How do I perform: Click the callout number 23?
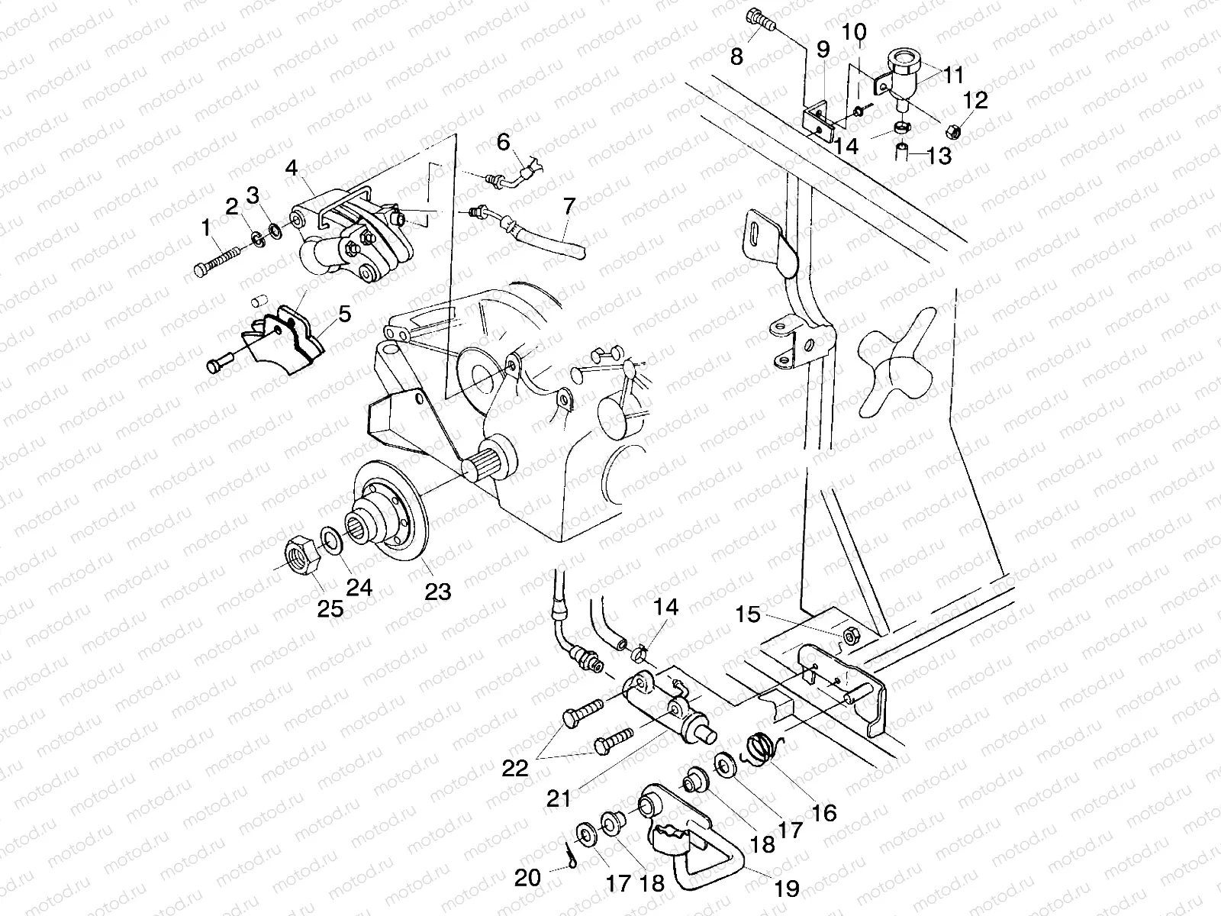(438, 590)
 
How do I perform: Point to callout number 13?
(940, 156)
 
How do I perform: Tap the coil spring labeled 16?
(761, 746)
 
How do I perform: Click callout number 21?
(558, 799)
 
